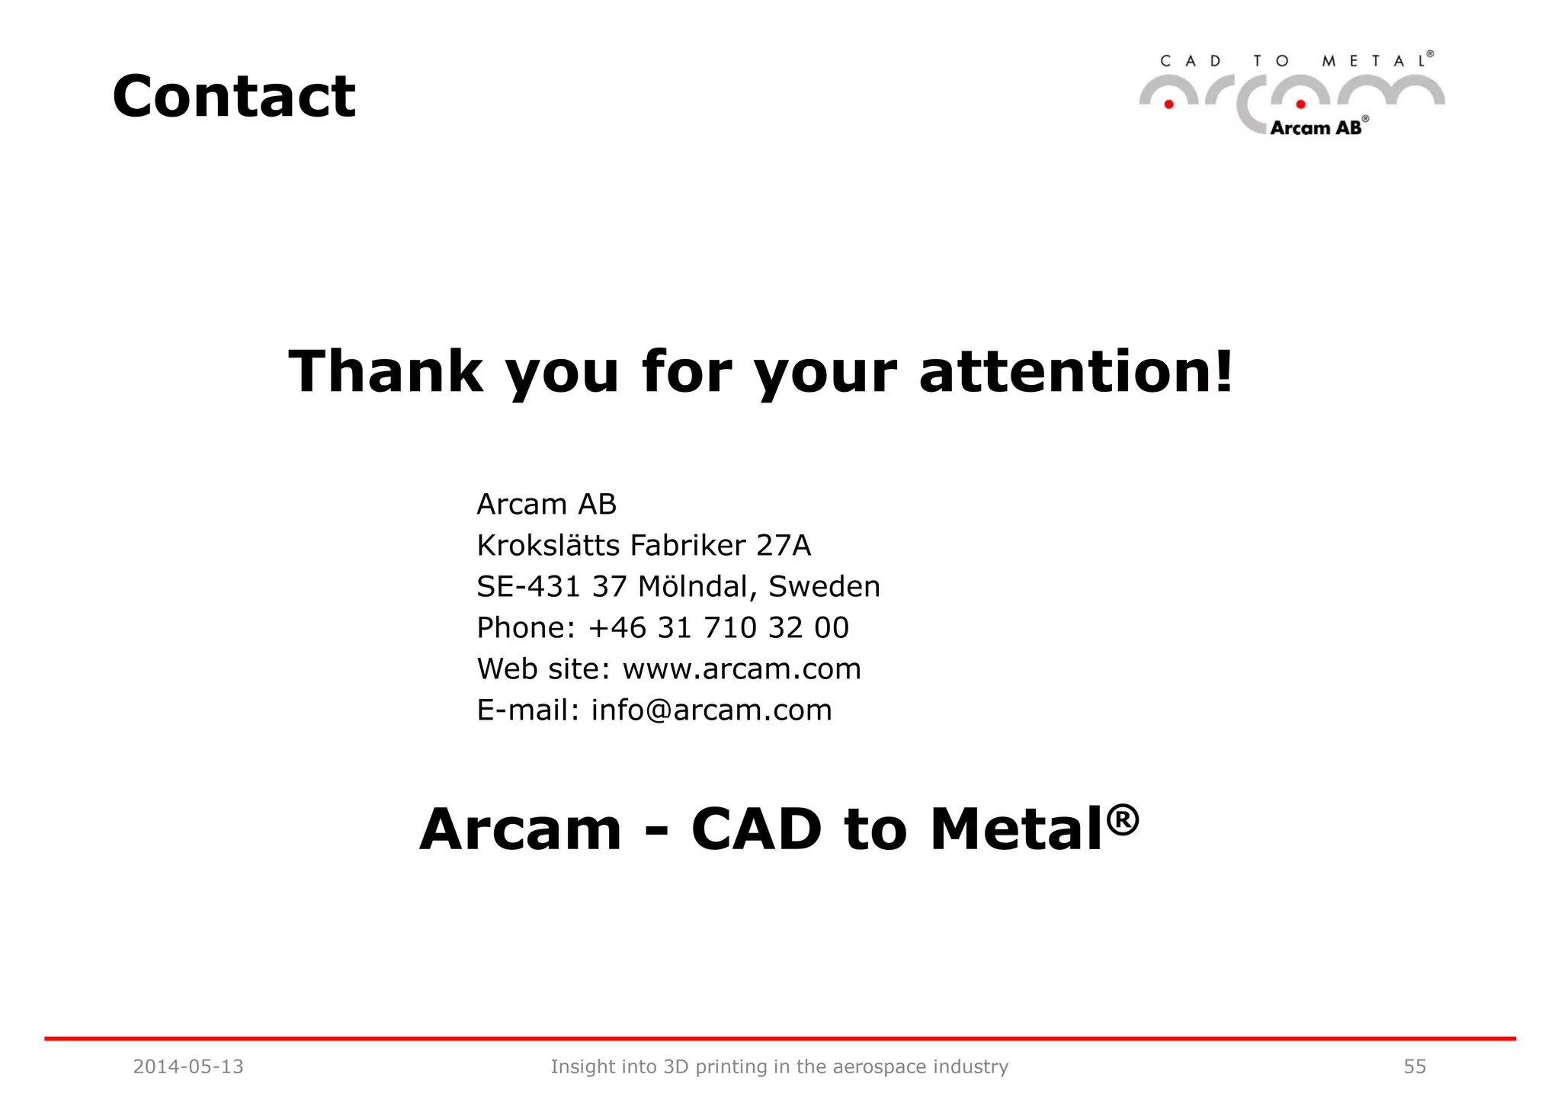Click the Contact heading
234,97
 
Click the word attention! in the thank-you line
1075,371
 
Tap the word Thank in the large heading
386,371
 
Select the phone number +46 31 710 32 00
718,628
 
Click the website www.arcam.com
742,669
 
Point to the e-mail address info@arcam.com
711,710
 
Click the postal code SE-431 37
551,587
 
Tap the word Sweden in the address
824,587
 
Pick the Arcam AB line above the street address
547,505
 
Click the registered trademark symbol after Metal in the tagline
1123,819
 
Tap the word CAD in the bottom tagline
756,829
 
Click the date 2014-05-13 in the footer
188,1067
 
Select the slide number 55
1415,1067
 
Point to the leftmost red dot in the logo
1168,104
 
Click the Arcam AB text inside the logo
1316,128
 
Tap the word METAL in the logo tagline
1374,62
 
